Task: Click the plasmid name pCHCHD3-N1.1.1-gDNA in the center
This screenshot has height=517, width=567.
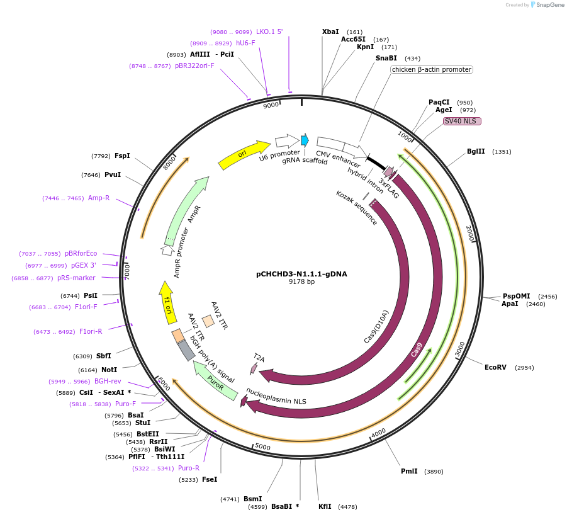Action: [301, 274]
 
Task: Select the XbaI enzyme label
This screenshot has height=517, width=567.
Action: [330, 31]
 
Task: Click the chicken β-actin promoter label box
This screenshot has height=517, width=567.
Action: [431, 70]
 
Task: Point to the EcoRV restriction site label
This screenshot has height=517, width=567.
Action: [495, 367]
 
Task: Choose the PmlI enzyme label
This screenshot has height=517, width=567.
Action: [409, 471]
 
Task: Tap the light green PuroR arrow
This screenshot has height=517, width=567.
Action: [216, 380]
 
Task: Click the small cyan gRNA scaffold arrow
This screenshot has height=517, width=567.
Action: [305, 140]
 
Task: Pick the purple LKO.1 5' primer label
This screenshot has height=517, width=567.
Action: [269, 31]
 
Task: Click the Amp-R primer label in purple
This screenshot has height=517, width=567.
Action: [99, 198]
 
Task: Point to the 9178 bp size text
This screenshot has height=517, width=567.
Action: [301, 282]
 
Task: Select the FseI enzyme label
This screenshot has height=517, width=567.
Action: [210, 479]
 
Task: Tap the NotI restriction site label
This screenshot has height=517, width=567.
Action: [109, 370]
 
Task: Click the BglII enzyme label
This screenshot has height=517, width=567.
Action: [476, 151]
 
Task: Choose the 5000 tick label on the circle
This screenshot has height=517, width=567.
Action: [262, 447]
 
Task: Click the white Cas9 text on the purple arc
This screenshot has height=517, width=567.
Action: [417, 350]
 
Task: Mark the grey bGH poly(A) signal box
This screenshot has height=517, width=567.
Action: [186, 350]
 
